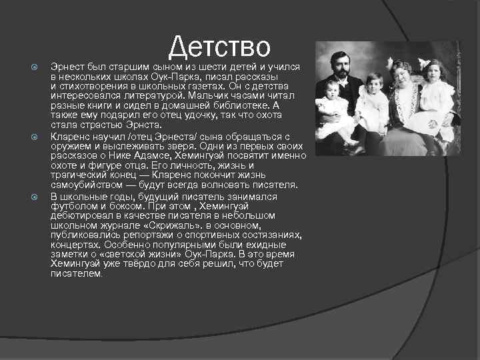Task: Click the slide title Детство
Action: [x=219, y=46]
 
